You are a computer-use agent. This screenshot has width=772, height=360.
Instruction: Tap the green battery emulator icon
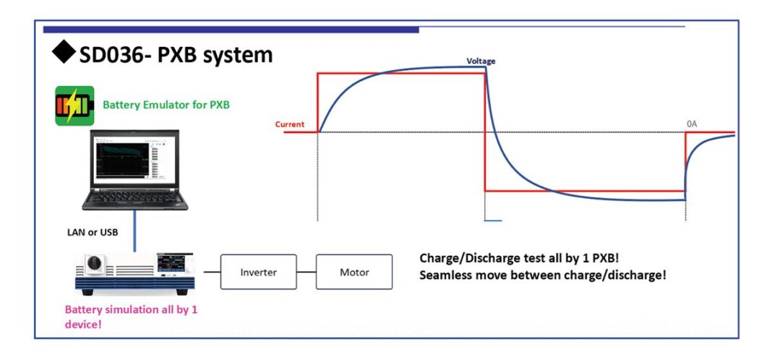point(74,106)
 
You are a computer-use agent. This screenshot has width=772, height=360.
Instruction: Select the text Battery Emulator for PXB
point(166,105)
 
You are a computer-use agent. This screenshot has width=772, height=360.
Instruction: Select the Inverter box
point(258,273)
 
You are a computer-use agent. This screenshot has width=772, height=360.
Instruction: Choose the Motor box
point(354,273)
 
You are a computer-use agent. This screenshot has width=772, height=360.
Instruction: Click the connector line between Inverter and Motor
point(306,273)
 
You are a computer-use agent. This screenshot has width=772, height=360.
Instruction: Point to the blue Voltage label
point(481,61)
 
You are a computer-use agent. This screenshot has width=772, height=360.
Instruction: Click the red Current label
point(289,124)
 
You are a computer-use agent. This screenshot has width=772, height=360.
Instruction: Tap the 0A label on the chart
point(692,124)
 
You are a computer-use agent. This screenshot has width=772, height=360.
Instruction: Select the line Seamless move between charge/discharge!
point(542,275)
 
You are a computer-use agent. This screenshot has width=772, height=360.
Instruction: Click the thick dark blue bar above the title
point(231,30)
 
